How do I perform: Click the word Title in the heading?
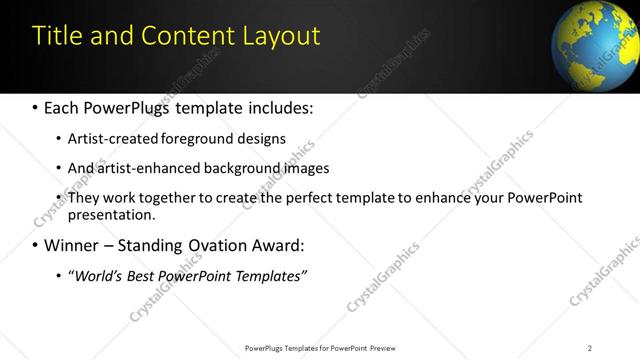pyautogui.click(x=58, y=36)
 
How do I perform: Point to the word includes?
pyautogui.click(x=275, y=106)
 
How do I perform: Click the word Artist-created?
pyautogui.click(x=113, y=138)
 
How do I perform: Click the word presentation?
pyautogui.click(x=110, y=214)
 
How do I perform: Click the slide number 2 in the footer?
pyautogui.click(x=590, y=348)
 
